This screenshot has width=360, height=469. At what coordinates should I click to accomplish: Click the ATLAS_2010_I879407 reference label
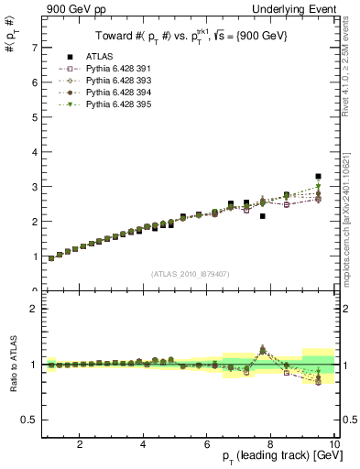[x=189, y=272]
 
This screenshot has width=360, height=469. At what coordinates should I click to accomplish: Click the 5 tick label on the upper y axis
[x=35, y=116]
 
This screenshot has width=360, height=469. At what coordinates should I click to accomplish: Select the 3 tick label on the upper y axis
[x=35, y=186]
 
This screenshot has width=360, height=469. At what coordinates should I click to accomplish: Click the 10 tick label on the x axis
[x=333, y=444]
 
